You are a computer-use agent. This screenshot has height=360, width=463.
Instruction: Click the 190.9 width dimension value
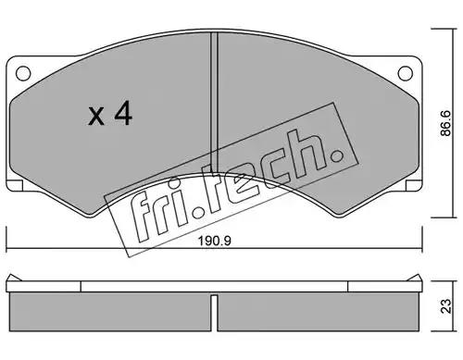pyautogui.click(x=214, y=241)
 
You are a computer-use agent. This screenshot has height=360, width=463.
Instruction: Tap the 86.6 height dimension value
pyautogui.click(x=445, y=123)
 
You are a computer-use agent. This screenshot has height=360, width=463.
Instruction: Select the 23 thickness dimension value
pyautogui.click(x=445, y=306)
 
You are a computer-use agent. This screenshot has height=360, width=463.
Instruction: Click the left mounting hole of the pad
pyautogui.click(x=23, y=73)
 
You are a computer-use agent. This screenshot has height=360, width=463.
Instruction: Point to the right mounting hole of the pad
pyautogui.click(x=406, y=73)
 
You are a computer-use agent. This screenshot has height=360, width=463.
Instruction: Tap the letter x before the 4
pyautogui.click(x=96, y=117)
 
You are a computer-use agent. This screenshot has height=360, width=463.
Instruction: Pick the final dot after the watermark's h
pyautogui.click(x=336, y=155)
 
